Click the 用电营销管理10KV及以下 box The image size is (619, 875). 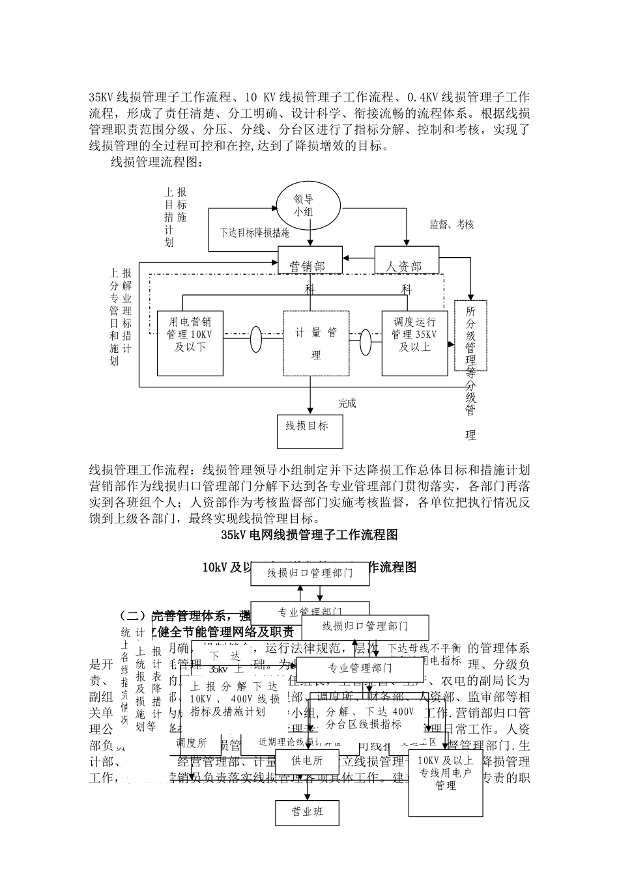(190, 343)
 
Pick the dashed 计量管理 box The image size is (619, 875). (316, 343)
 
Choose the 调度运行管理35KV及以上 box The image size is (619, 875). (414, 343)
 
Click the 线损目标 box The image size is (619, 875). (310, 430)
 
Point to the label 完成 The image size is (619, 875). (347, 404)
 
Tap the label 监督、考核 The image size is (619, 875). (452, 225)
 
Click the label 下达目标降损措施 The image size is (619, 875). (254, 232)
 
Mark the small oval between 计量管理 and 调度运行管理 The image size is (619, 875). (366, 340)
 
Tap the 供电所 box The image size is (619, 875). (307, 760)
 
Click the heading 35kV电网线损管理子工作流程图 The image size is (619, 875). (309, 535)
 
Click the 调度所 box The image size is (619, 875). (192, 743)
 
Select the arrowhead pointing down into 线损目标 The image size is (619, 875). (310, 411)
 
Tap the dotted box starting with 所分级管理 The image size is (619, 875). (470, 336)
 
